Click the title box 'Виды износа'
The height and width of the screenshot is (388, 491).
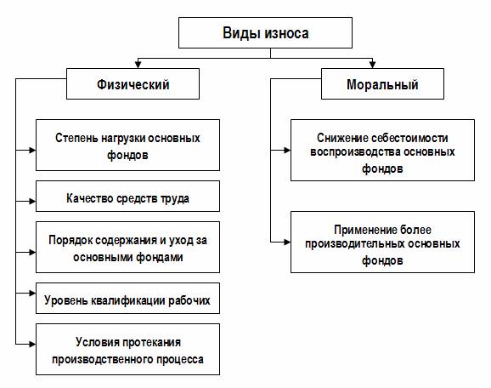(x=265, y=32)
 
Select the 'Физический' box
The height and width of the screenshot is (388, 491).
(x=133, y=83)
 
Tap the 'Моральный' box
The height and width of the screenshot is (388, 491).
(x=382, y=83)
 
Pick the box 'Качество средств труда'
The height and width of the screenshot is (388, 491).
(x=127, y=196)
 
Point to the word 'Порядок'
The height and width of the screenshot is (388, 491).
(x=71, y=241)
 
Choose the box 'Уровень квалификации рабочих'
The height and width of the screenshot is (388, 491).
(x=127, y=298)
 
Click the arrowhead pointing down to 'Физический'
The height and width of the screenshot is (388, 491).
(x=138, y=65)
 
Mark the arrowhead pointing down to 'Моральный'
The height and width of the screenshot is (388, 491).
(x=372, y=65)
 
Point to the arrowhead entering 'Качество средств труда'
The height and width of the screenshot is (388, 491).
(x=32, y=202)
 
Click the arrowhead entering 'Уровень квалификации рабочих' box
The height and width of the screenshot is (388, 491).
(x=32, y=293)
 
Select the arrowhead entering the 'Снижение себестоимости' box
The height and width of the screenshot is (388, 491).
(x=287, y=151)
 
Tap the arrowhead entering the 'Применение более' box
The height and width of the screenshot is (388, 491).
(x=287, y=242)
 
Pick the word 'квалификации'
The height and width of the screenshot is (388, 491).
(x=128, y=300)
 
